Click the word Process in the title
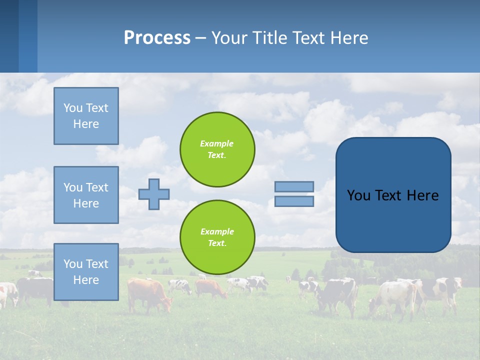pyautogui.click(x=157, y=38)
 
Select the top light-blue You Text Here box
pyautogui.click(x=86, y=116)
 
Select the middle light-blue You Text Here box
pyautogui.click(x=86, y=195)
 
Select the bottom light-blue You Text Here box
pyautogui.click(x=86, y=272)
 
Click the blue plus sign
pyautogui.click(x=154, y=194)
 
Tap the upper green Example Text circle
pyautogui.click(x=217, y=149)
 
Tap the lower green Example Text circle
pyautogui.click(x=217, y=237)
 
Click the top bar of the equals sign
pyautogui.click(x=294, y=186)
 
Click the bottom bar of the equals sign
pyautogui.click(x=294, y=201)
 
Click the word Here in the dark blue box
pyautogui.click(x=423, y=195)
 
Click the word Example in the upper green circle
pyautogui.click(x=216, y=144)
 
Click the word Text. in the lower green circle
pyautogui.click(x=217, y=243)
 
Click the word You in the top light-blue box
pyautogui.click(x=73, y=108)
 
